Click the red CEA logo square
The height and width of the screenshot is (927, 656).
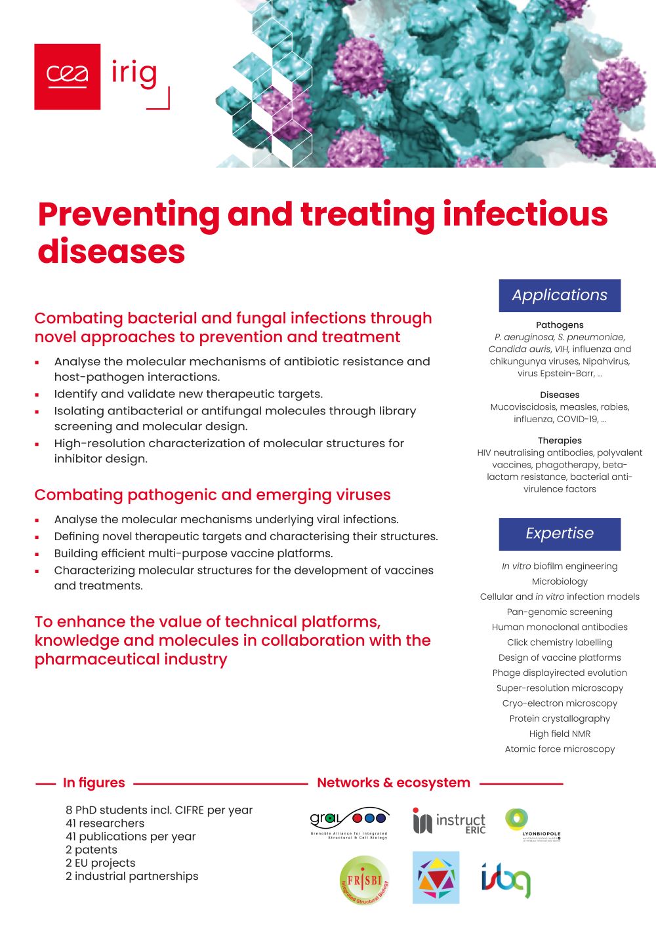click(67, 76)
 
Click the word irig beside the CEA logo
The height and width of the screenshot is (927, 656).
click(134, 73)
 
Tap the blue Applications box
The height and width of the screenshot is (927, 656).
click(560, 295)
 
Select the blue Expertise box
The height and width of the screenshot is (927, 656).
click(560, 534)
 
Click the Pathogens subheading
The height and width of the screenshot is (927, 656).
click(560, 325)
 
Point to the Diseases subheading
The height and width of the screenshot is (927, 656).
click(560, 395)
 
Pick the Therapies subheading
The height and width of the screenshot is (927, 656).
click(560, 441)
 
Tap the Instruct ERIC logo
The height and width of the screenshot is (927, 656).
click(449, 821)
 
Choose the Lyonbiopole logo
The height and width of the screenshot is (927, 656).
click(532, 825)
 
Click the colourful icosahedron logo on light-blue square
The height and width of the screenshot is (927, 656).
click(436, 878)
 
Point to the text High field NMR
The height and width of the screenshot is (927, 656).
click(560, 734)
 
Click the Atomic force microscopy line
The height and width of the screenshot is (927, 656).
click(560, 749)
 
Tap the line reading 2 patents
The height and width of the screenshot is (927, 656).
click(91, 850)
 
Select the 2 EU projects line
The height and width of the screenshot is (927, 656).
click(100, 863)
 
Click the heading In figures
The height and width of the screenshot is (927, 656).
click(94, 783)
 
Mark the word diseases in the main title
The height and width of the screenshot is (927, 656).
click(112, 252)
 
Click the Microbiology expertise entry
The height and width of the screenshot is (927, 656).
click(560, 582)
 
